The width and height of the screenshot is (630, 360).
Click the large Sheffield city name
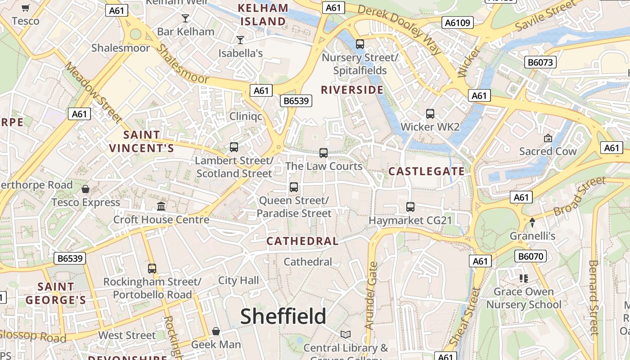[x=283, y=316]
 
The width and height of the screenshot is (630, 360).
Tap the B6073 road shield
[x=540, y=62]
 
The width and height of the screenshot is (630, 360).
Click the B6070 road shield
[x=531, y=256]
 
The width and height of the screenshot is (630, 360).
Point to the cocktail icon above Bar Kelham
[x=185, y=18]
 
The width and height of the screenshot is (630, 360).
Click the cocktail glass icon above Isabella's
[x=240, y=40]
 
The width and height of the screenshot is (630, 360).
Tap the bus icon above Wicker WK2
[x=430, y=114]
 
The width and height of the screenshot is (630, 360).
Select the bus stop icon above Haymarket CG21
[x=410, y=207]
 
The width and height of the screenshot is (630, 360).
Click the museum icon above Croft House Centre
[x=161, y=206]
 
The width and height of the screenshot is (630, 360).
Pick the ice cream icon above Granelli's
[x=532, y=222]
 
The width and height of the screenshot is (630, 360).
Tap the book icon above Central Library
[x=346, y=334]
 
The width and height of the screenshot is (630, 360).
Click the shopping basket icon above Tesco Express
[x=85, y=189]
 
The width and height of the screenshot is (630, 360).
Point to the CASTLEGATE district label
[x=426, y=171]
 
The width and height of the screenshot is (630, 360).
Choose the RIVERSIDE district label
[x=352, y=90]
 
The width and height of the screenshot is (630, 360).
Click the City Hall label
[x=238, y=280]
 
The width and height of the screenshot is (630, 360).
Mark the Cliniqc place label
[x=246, y=116]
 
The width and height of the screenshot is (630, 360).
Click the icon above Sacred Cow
[x=548, y=138]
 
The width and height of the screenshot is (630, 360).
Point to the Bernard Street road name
[x=594, y=297]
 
